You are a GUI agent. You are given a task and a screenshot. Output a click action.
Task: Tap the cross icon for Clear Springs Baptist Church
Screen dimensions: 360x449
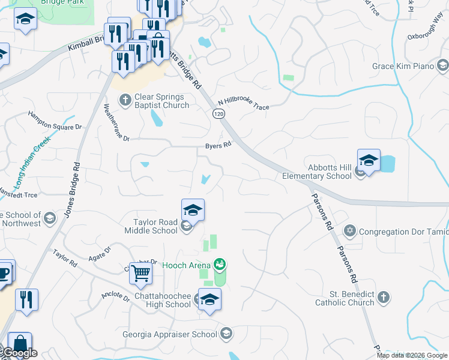[125, 100]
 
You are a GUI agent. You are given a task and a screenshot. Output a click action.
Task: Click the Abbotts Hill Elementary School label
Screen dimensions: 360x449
[321, 172]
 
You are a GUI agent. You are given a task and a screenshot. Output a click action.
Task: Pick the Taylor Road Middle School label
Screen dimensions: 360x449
[151, 226]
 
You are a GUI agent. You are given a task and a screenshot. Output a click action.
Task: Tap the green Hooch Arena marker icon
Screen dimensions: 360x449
[220, 265]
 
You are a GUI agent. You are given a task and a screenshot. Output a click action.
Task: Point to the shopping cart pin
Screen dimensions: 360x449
[140, 274]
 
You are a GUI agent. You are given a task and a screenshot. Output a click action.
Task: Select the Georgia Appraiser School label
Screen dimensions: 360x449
[170, 334]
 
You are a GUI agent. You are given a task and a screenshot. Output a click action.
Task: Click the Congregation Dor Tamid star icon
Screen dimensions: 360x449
[350, 230]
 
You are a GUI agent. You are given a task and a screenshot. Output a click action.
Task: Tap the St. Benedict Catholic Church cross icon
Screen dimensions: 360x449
[383, 297]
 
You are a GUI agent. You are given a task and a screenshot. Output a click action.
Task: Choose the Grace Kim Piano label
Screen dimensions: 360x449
[403, 66]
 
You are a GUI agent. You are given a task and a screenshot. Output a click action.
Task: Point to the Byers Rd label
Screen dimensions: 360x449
[218, 146]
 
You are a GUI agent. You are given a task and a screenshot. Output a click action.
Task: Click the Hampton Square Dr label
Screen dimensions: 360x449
[55, 120]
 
